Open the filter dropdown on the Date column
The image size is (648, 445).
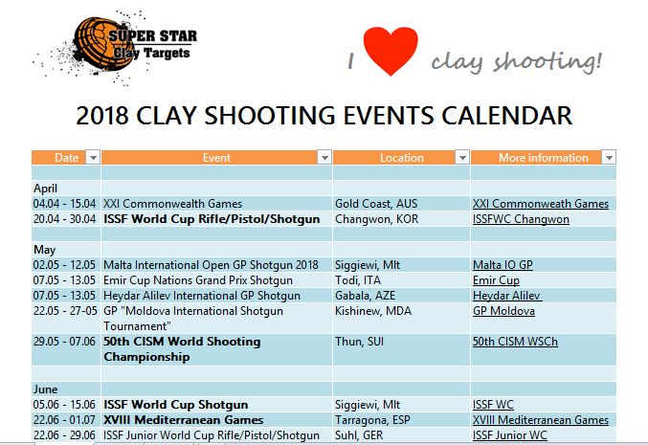tap(93, 157)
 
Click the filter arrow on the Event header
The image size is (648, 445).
tap(324, 157)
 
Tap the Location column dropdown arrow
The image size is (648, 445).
tap(462, 157)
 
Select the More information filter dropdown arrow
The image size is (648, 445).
tap(609, 157)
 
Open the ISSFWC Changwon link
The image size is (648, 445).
tap(521, 219)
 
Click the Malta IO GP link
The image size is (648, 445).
tap(503, 265)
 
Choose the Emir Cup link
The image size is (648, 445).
tap(496, 280)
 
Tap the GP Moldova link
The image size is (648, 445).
tap(503, 311)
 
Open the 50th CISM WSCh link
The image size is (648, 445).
tap(515, 342)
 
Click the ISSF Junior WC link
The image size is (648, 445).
tap(509, 435)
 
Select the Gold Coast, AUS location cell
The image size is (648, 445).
tap(376, 204)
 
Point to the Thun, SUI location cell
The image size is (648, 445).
tap(359, 342)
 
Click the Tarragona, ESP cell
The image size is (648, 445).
tap(372, 420)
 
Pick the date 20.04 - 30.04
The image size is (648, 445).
tap(64, 219)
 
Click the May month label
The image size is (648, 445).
tap(44, 250)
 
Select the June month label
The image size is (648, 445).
tap(45, 389)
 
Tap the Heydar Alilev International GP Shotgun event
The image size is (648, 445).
tap(202, 296)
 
